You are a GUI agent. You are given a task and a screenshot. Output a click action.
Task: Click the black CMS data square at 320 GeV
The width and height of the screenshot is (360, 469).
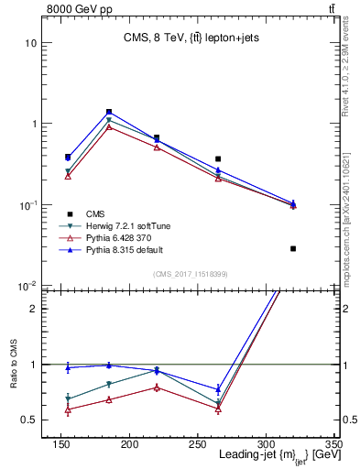tap(293, 248)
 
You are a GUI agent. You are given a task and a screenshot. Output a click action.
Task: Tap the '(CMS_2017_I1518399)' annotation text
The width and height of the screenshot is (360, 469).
tap(190, 274)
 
